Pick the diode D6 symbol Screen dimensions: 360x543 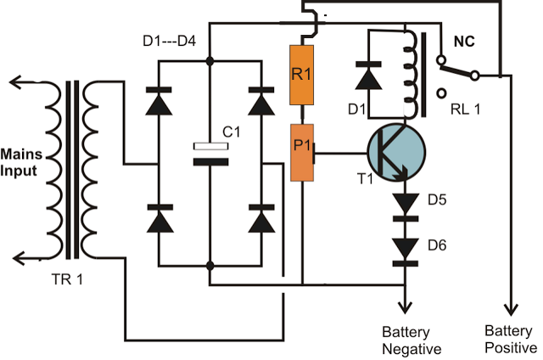406,248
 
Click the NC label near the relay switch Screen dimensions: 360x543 464,39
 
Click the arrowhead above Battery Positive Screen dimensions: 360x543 510,309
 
